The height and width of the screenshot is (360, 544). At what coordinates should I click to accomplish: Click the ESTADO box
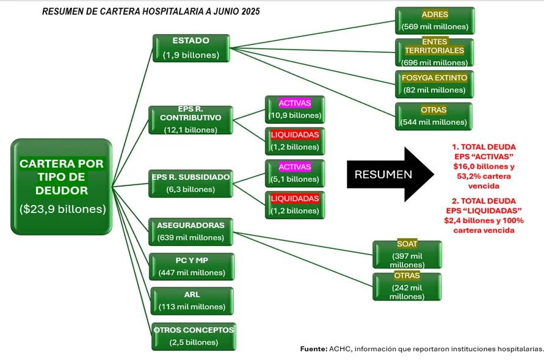click(190, 48)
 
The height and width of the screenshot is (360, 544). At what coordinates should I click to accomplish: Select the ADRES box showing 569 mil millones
click(435, 20)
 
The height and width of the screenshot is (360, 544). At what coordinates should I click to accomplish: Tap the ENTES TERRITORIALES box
click(435, 52)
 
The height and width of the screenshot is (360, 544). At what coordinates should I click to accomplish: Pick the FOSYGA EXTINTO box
click(435, 84)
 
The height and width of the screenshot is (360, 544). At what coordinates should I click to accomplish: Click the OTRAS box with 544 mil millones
click(433, 116)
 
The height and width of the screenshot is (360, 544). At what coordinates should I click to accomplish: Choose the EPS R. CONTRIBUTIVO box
click(190, 119)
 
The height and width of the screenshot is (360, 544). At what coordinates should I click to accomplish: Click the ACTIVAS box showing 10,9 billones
click(294, 109)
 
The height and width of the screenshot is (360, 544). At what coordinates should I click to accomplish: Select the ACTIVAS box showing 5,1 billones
click(294, 173)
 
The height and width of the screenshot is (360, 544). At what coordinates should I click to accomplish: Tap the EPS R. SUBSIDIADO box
click(190, 183)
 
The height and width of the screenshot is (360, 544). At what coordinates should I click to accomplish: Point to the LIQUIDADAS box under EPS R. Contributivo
click(294, 140)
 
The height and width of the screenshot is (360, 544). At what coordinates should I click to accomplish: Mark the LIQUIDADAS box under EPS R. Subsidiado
click(294, 204)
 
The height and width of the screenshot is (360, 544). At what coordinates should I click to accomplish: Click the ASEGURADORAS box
click(190, 231)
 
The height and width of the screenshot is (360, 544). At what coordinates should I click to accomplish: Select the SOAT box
click(407, 254)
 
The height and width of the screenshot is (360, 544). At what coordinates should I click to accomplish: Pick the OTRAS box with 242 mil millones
click(407, 286)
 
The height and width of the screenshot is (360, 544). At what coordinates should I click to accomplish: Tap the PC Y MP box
click(192, 266)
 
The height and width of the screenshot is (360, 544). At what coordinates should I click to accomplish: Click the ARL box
click(192, 301)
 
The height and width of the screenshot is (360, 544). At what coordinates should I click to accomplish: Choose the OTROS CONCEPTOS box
click(194, 336)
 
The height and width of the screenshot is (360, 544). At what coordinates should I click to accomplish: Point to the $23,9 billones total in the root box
click(62, 209)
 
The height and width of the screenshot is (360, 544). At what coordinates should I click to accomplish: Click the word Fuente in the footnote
click(313, 348)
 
